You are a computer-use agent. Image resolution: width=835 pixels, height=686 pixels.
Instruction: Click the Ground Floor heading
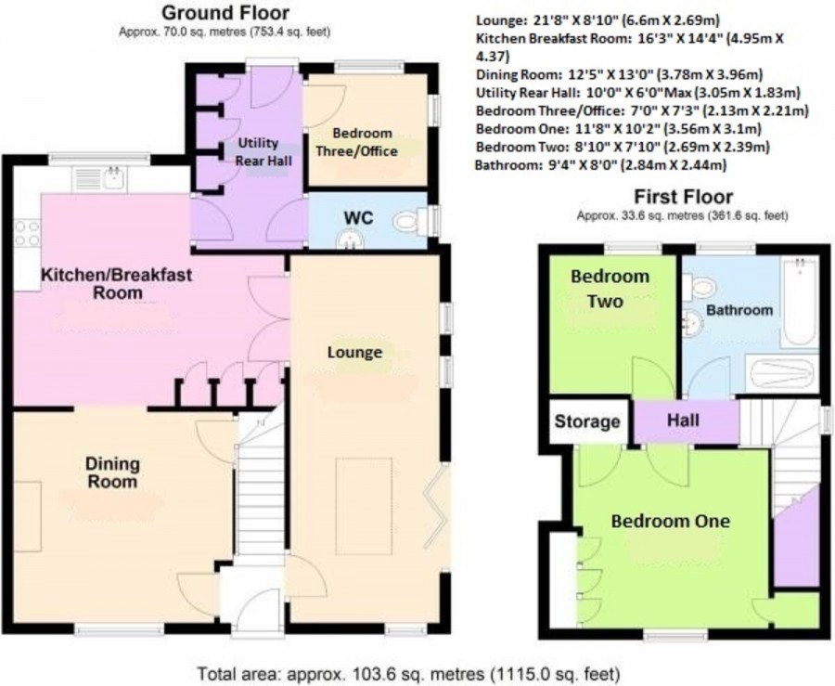pyautogui.click(x=225, y=13)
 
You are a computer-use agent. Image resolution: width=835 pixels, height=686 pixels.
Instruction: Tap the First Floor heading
pyautogui.click(x=683, y=197)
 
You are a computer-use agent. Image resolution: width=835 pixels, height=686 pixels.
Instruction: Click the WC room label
pyautogui.click(x=358, y=218)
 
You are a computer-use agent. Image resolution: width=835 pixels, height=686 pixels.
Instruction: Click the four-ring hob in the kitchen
pyautogui.click(x=27, y=233)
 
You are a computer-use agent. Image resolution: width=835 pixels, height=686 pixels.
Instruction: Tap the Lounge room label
pyautogui.click(x=354, y=352)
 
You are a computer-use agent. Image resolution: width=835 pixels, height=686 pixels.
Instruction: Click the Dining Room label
pyautogui.click(x=112, y=472)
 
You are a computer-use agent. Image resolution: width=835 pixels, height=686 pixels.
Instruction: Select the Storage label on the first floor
pyautogui.click(x=587, y=421)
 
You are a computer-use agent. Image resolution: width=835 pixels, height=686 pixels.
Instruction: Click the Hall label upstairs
pyautogui.click(x=683, y=421)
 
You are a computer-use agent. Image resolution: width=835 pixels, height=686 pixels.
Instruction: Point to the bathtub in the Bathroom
pyautogui.click(x=800, y=302)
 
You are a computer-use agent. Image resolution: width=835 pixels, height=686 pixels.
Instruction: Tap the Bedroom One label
pyautogui.click(x=671, y=521)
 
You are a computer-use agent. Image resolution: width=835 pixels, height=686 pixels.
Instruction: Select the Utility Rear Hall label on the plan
pyautogui.click(x=264, y=151)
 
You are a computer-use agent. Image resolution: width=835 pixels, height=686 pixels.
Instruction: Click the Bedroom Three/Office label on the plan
pyautogui.click(x=357, y=142)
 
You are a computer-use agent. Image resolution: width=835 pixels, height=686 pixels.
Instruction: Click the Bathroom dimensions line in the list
pyautogui.click(x=600, y=165)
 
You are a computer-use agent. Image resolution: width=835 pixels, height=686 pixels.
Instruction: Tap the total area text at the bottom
pyautogui.click(x=409, y=673)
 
